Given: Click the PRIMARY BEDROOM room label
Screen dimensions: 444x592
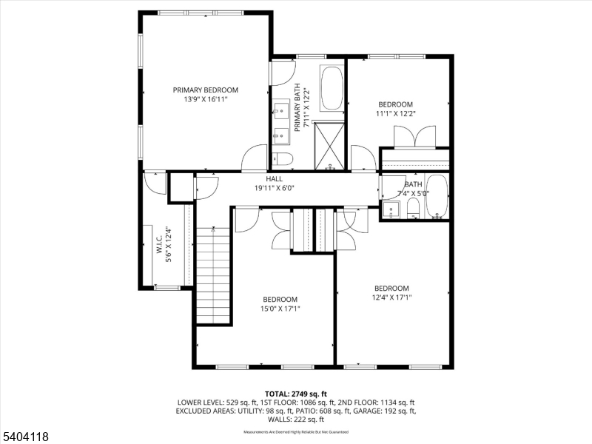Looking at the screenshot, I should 206,90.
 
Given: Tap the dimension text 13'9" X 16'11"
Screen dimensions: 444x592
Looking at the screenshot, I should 206,99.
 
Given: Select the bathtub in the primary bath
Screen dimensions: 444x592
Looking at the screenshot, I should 332,89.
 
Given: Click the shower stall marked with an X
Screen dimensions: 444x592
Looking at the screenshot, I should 329,146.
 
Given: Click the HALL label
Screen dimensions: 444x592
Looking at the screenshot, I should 275,179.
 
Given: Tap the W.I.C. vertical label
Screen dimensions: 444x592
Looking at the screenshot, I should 159,245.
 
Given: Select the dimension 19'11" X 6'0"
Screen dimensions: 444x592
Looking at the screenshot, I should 275,188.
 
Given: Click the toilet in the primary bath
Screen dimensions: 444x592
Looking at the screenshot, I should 283,158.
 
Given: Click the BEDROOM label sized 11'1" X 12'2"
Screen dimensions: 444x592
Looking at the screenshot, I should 396,104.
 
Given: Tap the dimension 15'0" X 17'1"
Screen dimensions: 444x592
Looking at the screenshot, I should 280,309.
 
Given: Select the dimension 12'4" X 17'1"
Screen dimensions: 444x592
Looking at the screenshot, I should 391,297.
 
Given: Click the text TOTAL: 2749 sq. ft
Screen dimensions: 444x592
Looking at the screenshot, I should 295,393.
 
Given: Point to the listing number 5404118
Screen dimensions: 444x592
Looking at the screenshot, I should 25,437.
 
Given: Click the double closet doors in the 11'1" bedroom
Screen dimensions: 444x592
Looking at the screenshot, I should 414,137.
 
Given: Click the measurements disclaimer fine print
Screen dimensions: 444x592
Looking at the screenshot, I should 295,431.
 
